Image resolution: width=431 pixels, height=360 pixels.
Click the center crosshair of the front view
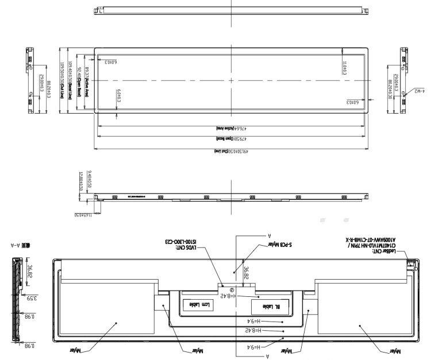tap(231, 81)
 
